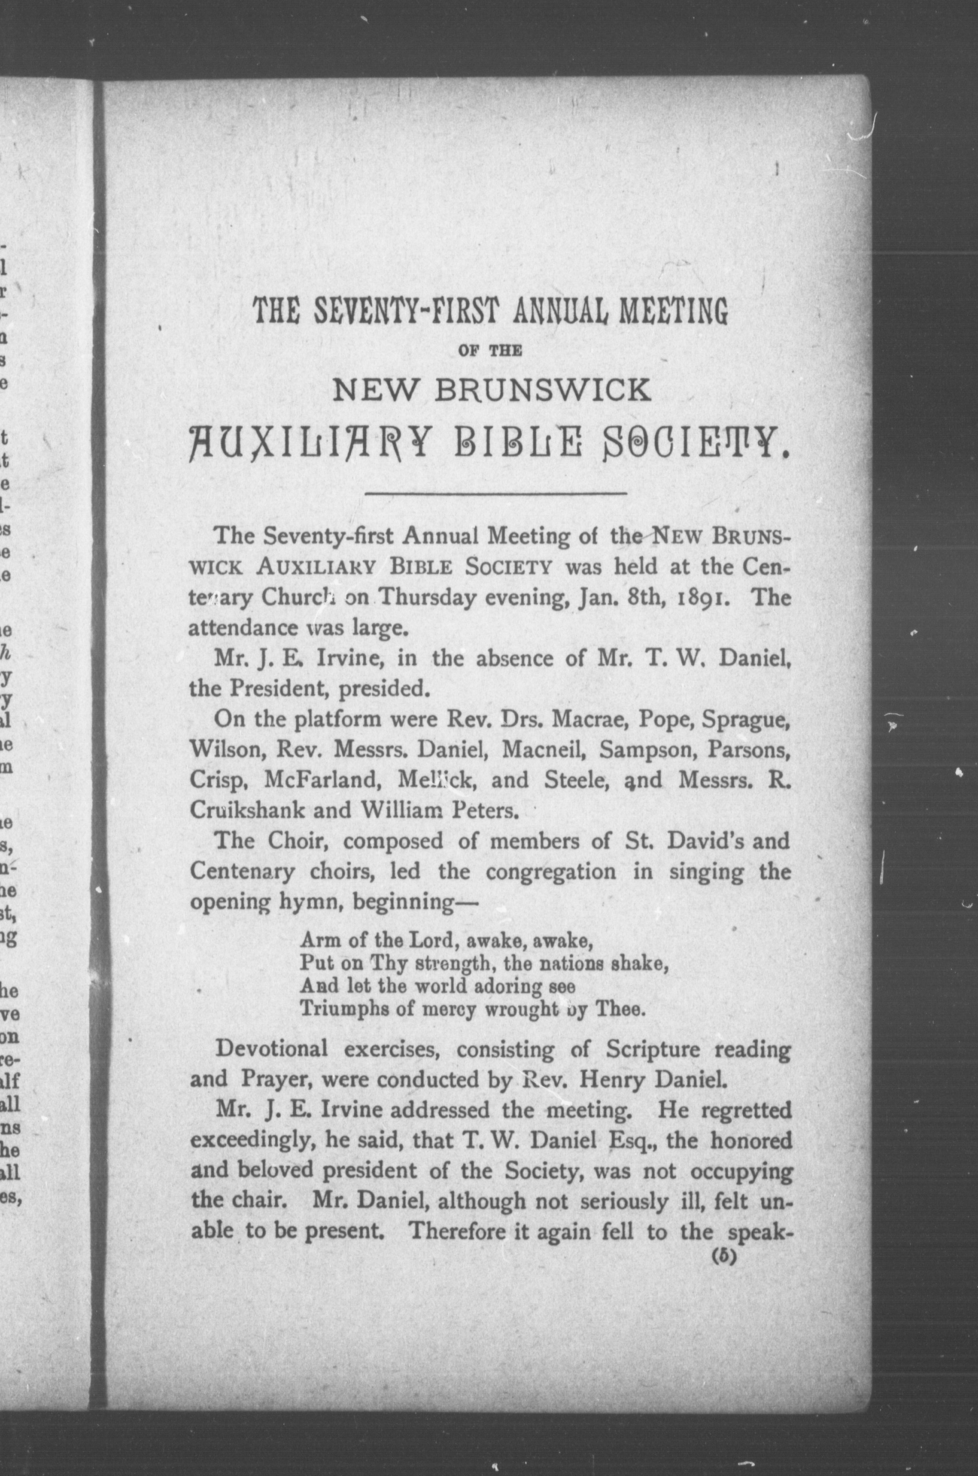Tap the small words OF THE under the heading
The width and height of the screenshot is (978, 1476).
tap(489, 352)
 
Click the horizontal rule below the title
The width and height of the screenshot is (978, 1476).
tap(495, 494)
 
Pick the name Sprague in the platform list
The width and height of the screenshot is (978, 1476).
tap(746, 720)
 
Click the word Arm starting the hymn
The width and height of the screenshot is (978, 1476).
tap(316, 940)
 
